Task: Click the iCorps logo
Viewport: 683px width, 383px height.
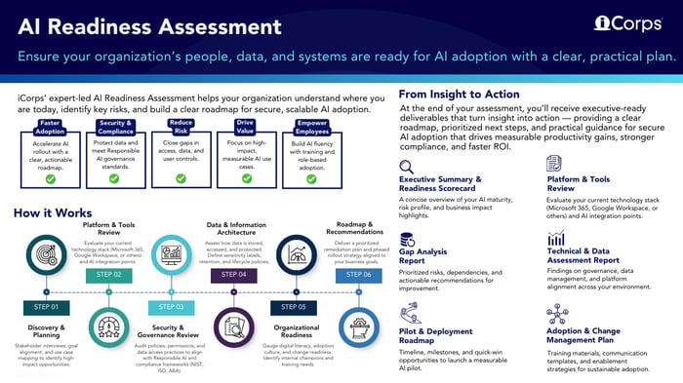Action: point(628,22)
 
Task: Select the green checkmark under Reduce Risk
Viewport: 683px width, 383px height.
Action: point(181,178)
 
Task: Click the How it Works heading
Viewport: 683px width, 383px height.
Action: point(55,213)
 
